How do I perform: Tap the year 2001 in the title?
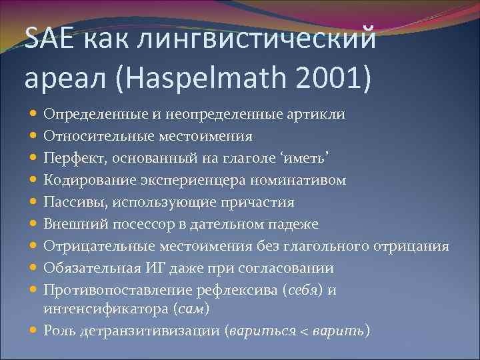[x=327, y=80]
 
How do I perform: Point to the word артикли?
[x=317, y=115]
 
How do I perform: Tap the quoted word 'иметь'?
[x=307, y=159]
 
